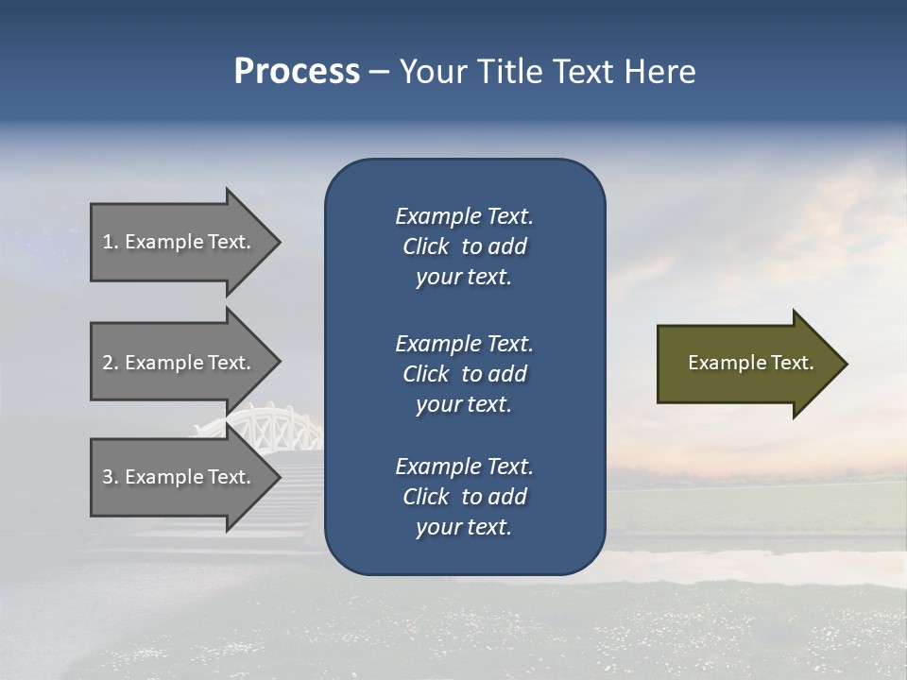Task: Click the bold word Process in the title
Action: tap(297, 72)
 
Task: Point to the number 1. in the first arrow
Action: tap(111, 242)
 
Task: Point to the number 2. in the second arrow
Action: tap(111, 363)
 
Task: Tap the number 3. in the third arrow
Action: tap(111, 477)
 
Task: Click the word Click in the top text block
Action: tap(426, 246)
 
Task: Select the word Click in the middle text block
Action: tap(426, 374)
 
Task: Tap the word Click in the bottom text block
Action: tap(426, 497)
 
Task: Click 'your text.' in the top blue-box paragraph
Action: tap(464, 278)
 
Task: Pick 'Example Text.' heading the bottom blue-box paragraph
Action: tap(464, 467)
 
